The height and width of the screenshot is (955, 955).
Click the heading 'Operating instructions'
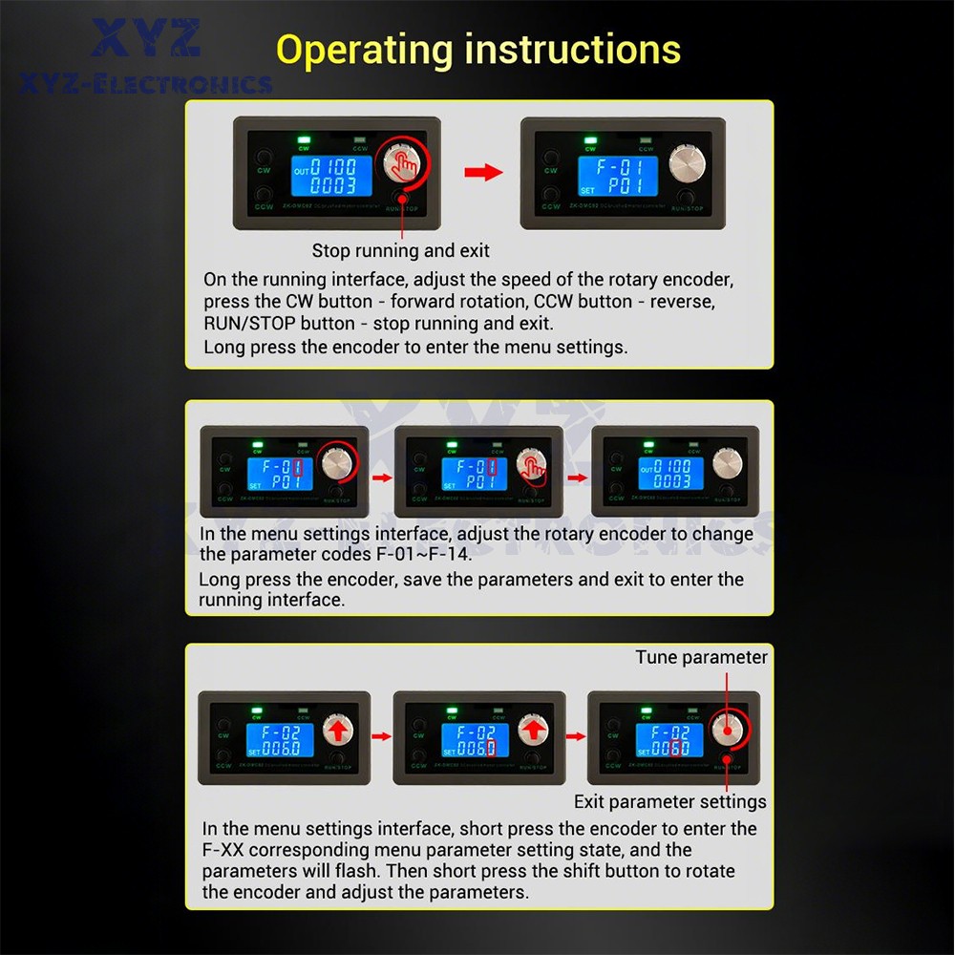478,50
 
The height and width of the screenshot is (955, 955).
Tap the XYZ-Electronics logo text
146,84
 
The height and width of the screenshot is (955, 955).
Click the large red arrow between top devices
483,172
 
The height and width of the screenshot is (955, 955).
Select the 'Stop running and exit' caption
400,251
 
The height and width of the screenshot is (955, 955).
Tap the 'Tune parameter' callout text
701,657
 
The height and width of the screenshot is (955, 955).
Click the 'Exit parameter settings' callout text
669,801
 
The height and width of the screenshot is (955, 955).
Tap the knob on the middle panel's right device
728,463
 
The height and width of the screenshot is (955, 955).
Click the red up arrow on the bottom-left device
337,732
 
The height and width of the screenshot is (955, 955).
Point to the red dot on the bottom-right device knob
727,731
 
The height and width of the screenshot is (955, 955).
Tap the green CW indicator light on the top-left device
303,137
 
